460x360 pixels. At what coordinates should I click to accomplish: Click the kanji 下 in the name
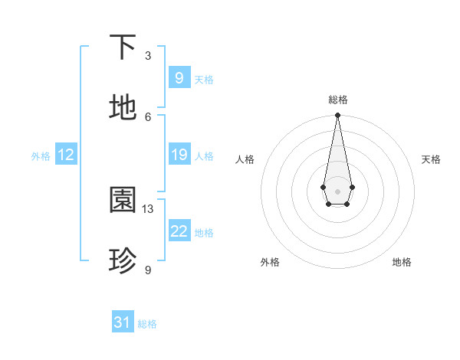coord(123,47)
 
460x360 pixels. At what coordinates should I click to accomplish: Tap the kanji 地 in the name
coord(123,108)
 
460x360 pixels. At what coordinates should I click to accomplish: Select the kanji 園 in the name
coord(123,201)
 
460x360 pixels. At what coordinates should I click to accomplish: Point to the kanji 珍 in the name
coord(123,261)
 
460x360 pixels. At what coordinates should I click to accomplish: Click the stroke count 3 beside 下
coord(148,56)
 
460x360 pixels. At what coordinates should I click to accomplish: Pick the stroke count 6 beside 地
coord(148,116)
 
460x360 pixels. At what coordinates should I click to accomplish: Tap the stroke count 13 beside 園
coord(148,209)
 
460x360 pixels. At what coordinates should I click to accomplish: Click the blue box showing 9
coord(179,77)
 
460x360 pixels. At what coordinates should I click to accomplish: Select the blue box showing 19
coord(179,155)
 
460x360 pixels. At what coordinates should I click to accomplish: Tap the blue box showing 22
coord(179,231)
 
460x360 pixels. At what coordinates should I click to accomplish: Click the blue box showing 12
coord(65,155)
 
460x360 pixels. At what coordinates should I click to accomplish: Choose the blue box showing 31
coord(123,322)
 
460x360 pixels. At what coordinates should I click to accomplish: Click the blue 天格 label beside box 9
coord(204,80)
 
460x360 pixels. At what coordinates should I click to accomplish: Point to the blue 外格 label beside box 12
coord(41,156)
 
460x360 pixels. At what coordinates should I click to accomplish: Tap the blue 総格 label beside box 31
coord(147,324)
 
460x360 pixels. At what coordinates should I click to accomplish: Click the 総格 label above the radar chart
coord(337,100)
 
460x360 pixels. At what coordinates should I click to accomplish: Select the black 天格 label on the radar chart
coord(431,159)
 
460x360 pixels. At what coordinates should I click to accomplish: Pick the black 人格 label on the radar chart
coord(245,159)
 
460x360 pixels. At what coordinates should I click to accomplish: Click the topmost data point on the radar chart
coord(337,116)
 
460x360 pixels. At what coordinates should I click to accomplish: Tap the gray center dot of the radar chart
coord(337,190)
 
